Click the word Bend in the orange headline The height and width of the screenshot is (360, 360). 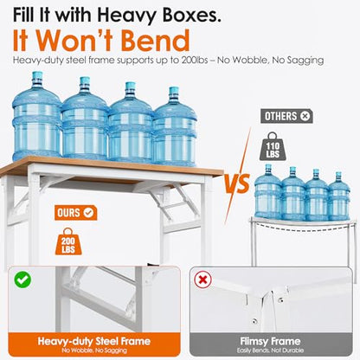click(x=156, y=41)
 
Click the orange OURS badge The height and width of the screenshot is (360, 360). click(x=75, y=213)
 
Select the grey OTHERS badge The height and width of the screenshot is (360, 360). click(x=286, y=116)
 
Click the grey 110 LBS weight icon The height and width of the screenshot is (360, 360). click(x=273, y=146)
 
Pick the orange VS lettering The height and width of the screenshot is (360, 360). click(x=237, y=183)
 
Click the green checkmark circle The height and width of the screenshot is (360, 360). click(x=22, y=280)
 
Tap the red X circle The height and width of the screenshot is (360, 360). click(x=202, y=280)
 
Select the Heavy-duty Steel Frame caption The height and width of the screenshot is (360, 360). click(x=94, y=341)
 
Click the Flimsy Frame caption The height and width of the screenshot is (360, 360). click(x=270, y=342)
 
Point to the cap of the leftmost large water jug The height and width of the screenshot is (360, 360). click(x=37, y=76)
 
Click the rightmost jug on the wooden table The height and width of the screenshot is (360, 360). click(x=174, y=126)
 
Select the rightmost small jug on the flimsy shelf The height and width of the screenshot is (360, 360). click(x=339, y=196)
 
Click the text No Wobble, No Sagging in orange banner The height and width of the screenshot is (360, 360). click(x=94, y=350)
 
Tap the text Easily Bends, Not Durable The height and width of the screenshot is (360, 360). click(x=270, y=350)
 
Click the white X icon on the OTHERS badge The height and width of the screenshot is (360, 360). click(x=305, y=116)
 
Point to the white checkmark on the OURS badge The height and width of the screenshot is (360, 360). click(x=88, y=213)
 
